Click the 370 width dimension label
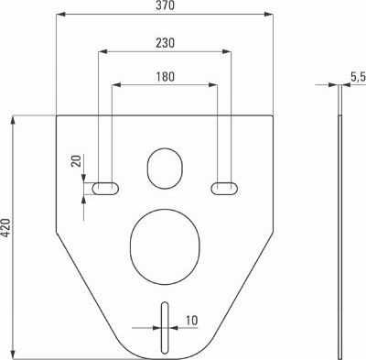point(165,5)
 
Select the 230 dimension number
point(166,43)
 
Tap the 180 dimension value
point(166,76)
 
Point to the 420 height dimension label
point(5,227)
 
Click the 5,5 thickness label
point(358,77)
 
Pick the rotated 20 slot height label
point(76,161)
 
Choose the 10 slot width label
point(191,321)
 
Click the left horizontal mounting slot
point(105,189)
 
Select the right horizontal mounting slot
point(224,188)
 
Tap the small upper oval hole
point(165,169)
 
